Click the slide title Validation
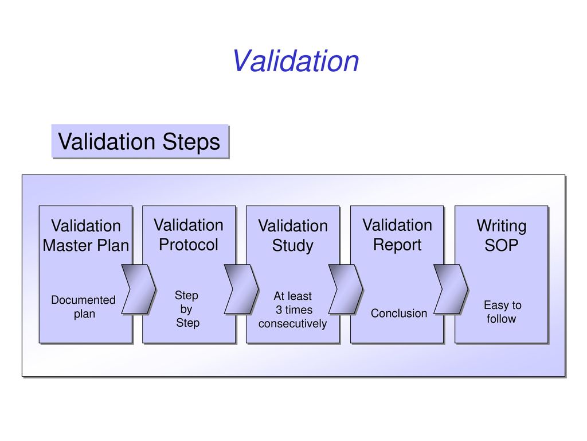(x=295, y=61)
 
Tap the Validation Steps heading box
(x=140, y=141)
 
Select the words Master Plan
(x=86, y=246)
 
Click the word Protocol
(x=188, y=245)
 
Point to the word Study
(x=292, y=246)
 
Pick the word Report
(x=397, y=245)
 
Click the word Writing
(x=501, y=226)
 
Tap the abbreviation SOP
(x=501, y=246)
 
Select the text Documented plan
(x=84, y=307)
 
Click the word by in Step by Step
(x=186, y=310)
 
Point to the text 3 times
(x=294, y=310)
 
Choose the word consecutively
(x=292, y=324)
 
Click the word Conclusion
(x=399, y=313)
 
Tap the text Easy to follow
(x=502, y=312)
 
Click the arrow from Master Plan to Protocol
(x=139, y=289)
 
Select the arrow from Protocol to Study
(x=241, y=289)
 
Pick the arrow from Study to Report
(x=346, y=289)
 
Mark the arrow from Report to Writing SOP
(x=451, y=289)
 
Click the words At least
(x=292, y=296)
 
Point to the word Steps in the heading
(x=191, y=142)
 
